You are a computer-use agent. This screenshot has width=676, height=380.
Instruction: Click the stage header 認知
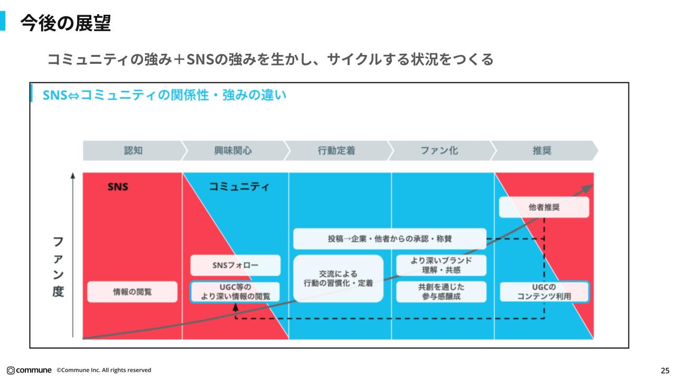click(133, 150)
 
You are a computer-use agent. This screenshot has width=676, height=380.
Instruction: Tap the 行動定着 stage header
click(336, 150)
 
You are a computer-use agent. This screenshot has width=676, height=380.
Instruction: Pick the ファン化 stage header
click(439, 150)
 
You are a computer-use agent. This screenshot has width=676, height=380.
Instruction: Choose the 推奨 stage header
click(542, 150)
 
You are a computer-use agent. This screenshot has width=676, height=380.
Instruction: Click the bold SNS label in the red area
click(118, 186)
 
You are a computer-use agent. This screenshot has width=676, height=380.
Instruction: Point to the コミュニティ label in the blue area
click(239, 186)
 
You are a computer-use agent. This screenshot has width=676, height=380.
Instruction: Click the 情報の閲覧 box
click(132, 291)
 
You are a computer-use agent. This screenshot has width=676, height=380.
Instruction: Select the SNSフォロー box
click(235, 265)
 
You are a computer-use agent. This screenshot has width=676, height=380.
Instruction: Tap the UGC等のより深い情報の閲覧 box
click(235, 292)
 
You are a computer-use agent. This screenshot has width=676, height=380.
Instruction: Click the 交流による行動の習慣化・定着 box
click(338, 279)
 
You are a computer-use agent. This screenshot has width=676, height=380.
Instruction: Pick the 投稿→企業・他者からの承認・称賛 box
click(389, 239)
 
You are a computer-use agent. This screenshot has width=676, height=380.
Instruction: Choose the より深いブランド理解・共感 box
click(442, 265)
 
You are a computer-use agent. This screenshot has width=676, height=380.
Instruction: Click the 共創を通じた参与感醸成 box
click(442, 291)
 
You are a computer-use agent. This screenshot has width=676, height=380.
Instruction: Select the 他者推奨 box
click(543, 207)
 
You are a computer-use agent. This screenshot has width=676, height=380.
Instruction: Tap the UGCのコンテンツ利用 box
click(543, 292)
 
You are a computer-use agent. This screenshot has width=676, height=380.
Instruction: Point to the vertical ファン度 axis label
click(58, 267)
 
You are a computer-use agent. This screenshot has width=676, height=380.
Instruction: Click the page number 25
click(664, 370)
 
